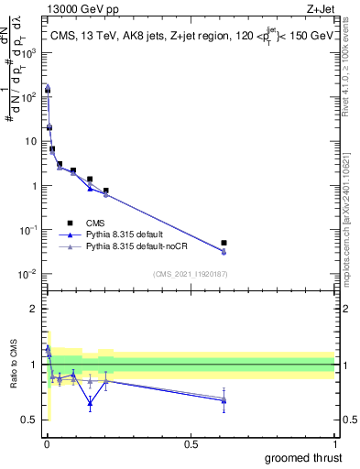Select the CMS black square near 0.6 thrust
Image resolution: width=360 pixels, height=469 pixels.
click(224, 244)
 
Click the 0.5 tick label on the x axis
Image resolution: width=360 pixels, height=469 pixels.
click(191, 443)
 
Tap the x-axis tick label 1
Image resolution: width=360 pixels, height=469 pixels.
click(334, 443)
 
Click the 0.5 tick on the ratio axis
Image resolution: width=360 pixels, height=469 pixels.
click(29, 420)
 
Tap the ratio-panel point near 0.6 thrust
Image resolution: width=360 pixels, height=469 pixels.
click(224, 400)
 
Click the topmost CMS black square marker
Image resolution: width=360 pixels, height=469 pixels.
click(48, 91)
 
